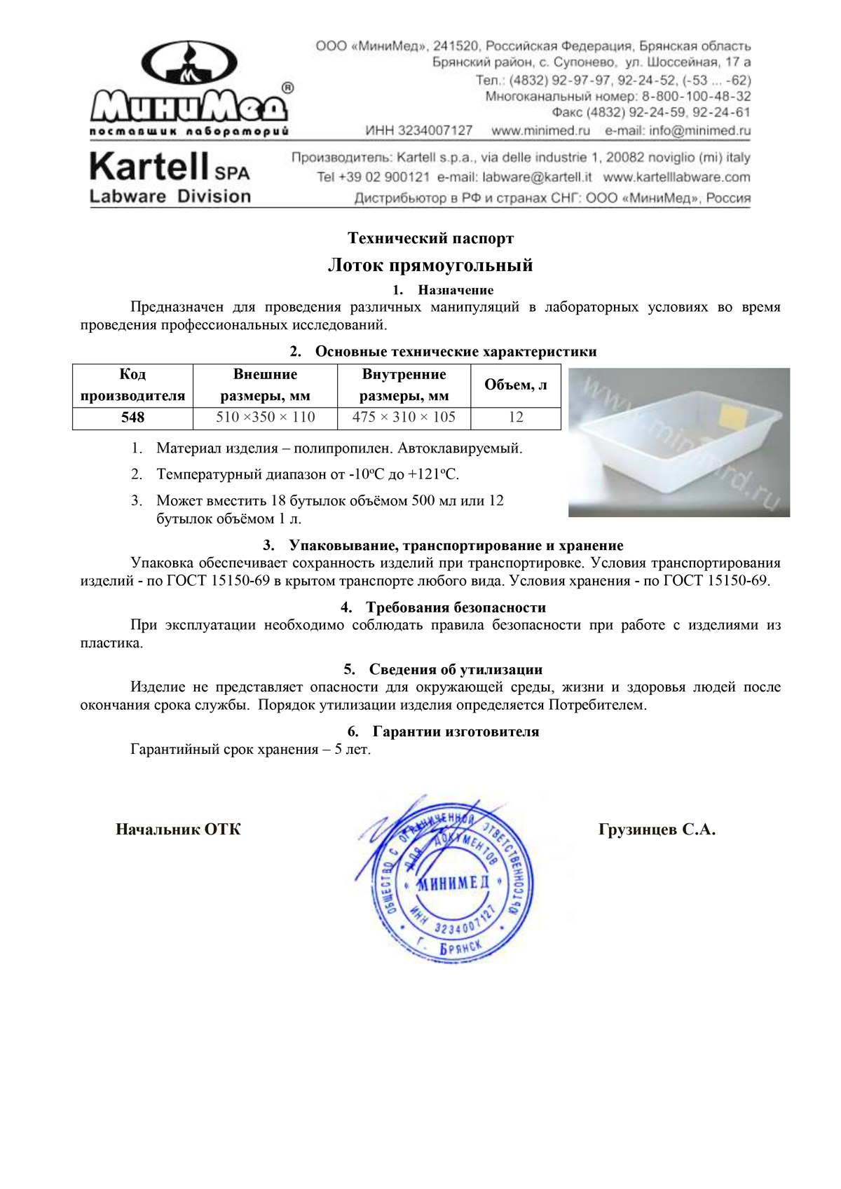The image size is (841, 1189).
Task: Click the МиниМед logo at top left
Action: click(x=189, y=88)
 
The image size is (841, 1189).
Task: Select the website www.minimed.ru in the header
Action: click(x=540, y=130)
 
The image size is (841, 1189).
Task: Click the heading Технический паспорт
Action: click(x=430, y=238)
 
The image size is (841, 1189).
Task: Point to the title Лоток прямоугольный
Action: click(x=430, y=265)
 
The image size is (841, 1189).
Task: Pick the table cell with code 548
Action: click(x=132, y=418)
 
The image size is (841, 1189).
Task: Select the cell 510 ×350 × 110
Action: click(x=265, y=418)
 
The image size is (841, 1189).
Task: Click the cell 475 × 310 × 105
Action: click(x=404, y=418)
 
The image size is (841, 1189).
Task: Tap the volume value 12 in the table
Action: click(x=516, y=418)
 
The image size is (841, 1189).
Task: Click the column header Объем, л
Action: click(x=516, y=385)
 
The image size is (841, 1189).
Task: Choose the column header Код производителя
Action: click(x=132, y=385)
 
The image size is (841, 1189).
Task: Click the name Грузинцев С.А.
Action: click(x=657, y=830)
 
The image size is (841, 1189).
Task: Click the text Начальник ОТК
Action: click(x=178, y=830)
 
